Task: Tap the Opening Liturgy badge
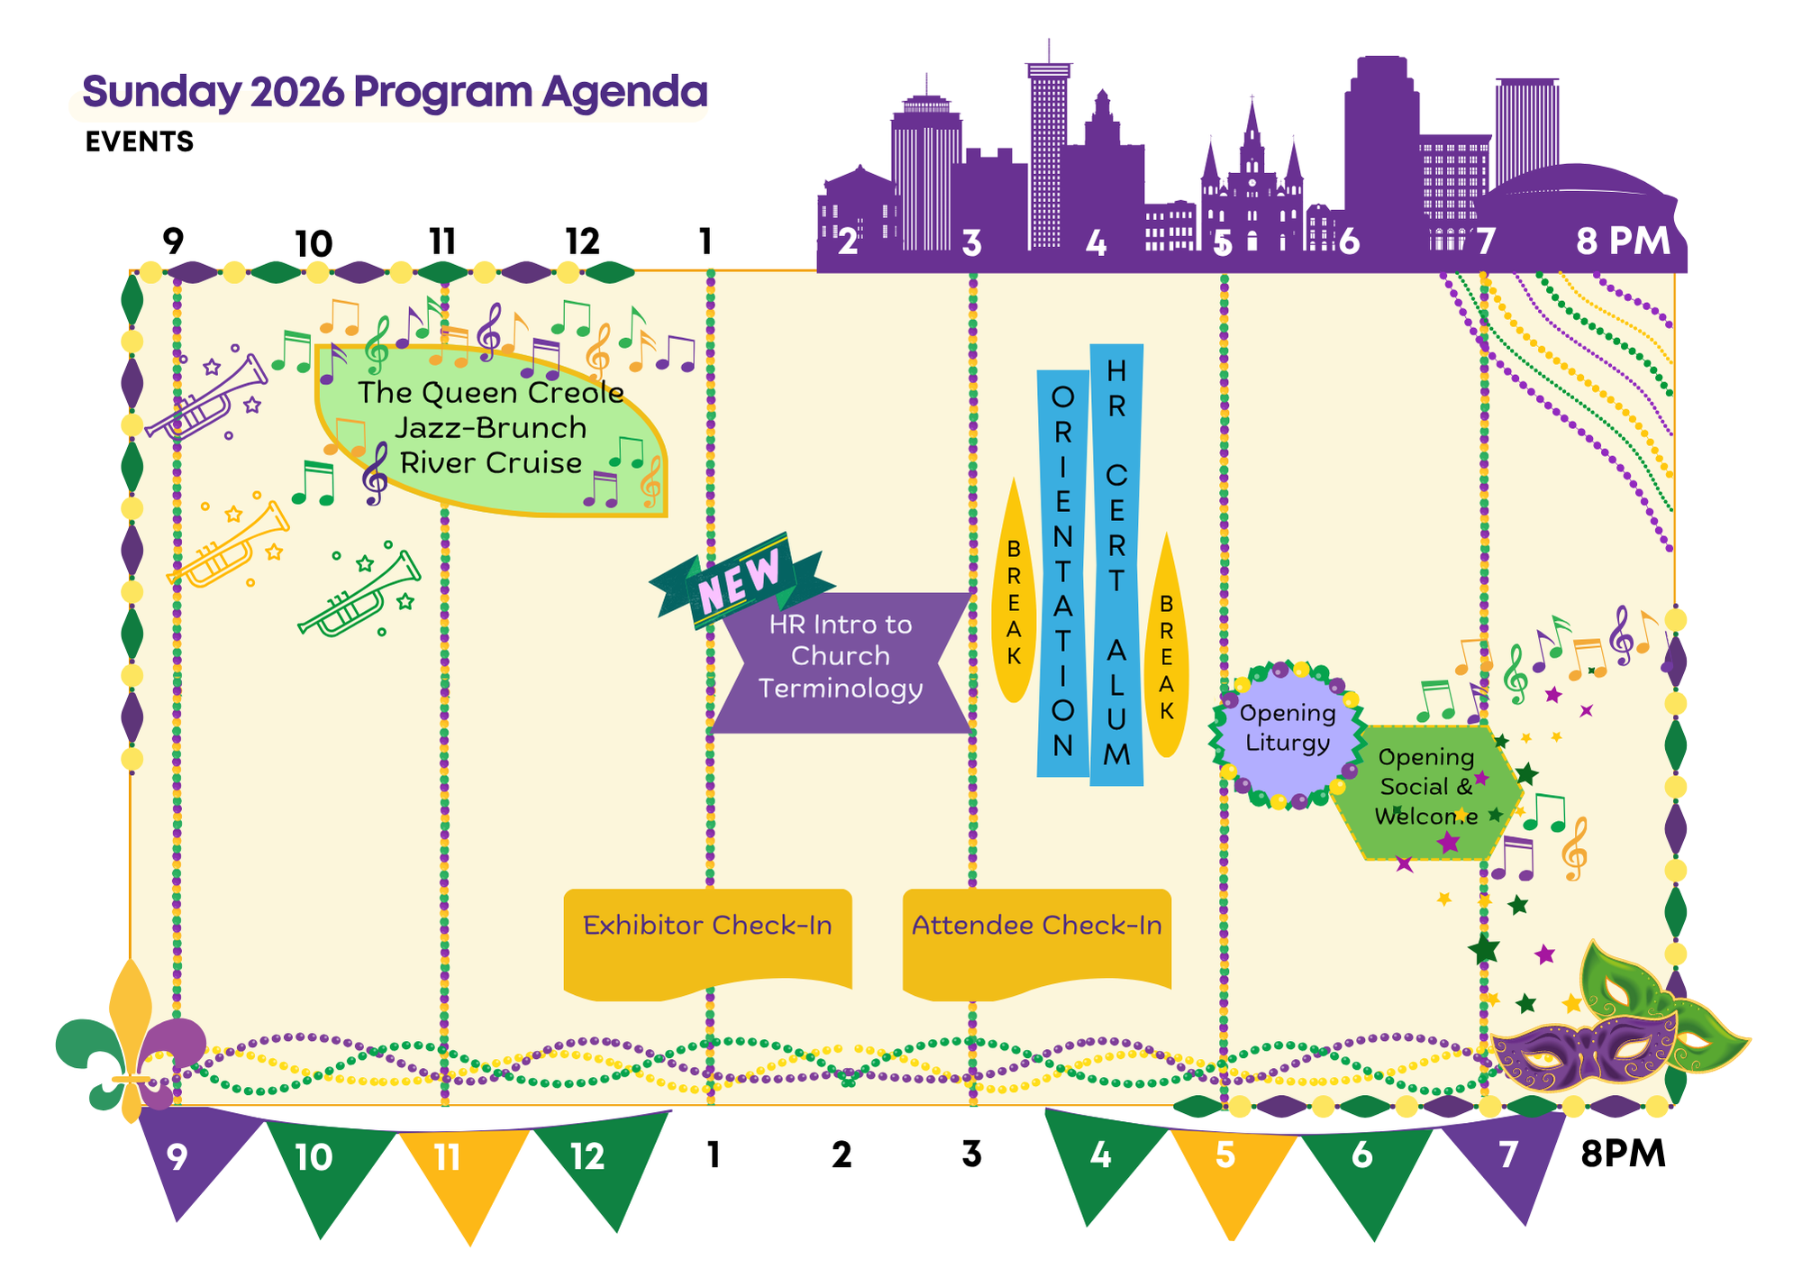point(1287,730)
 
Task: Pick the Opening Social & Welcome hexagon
point(1425,789)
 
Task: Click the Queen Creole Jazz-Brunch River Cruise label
point(491,428)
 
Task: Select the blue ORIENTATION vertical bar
point(1063,572)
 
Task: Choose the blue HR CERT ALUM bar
point(1116,563)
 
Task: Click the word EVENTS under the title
point(140,141)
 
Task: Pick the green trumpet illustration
point(360,595)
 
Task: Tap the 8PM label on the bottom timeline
point(1623,1154)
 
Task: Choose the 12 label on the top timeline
point(582,242)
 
